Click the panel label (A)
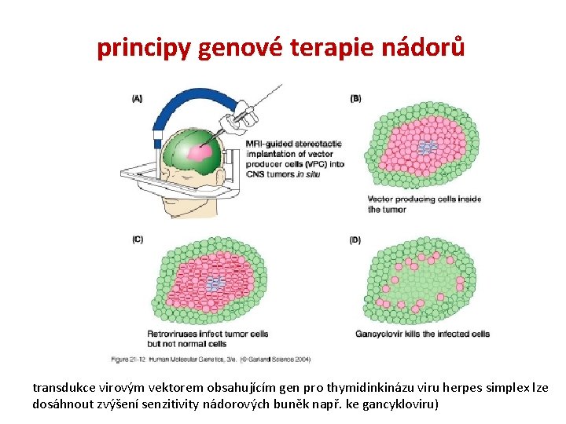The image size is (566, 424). (x=137, y=99)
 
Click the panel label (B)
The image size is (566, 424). (x=355, y=99)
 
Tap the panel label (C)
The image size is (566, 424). (x=137, y=239)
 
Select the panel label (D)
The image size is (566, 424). (x=355, y=239)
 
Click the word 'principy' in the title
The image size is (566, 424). (x=144, y=48)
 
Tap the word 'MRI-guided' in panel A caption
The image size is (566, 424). (x=266, y=144)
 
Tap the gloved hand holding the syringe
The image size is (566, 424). (x=232, y=122)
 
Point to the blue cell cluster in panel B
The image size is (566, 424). (x=427, y=147)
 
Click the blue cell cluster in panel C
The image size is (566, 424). (x=214, y=283)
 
